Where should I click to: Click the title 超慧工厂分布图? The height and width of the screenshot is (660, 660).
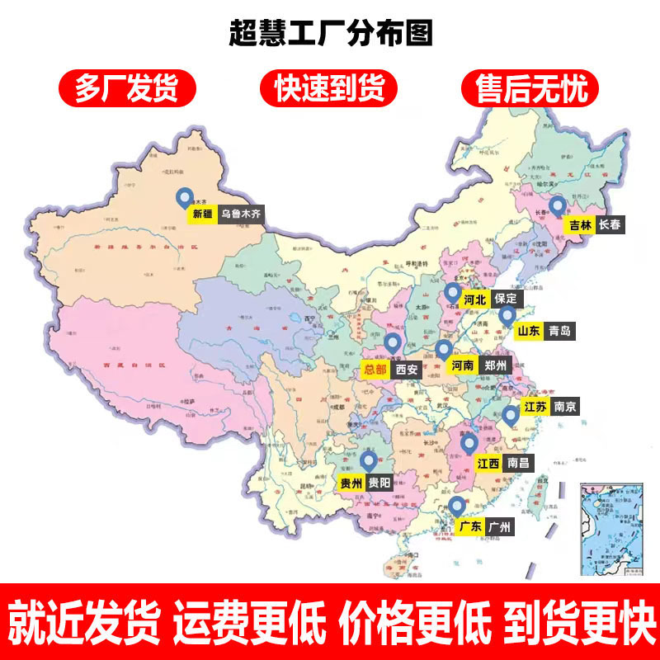330,35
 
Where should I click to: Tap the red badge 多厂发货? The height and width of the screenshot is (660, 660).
126,88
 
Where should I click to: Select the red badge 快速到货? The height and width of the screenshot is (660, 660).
329,88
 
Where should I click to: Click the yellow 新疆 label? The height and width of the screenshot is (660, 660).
202,214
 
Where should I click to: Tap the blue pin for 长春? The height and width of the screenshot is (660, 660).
558,206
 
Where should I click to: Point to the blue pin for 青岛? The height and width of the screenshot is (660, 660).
507,315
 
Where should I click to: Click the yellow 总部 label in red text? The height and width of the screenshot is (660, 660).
375,370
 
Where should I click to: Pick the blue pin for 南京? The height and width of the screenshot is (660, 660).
511,416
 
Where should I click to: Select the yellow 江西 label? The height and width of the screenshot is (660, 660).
488,464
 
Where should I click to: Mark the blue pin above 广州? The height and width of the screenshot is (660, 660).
457,506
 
